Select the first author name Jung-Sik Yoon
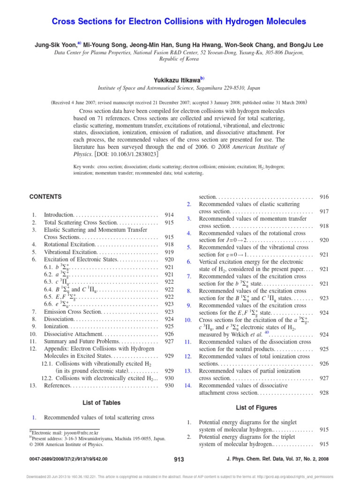(57, 45)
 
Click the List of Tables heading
(101, 403)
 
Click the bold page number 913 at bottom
(179, 459)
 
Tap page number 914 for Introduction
(167, 214)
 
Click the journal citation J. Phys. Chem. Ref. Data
(287, 459)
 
